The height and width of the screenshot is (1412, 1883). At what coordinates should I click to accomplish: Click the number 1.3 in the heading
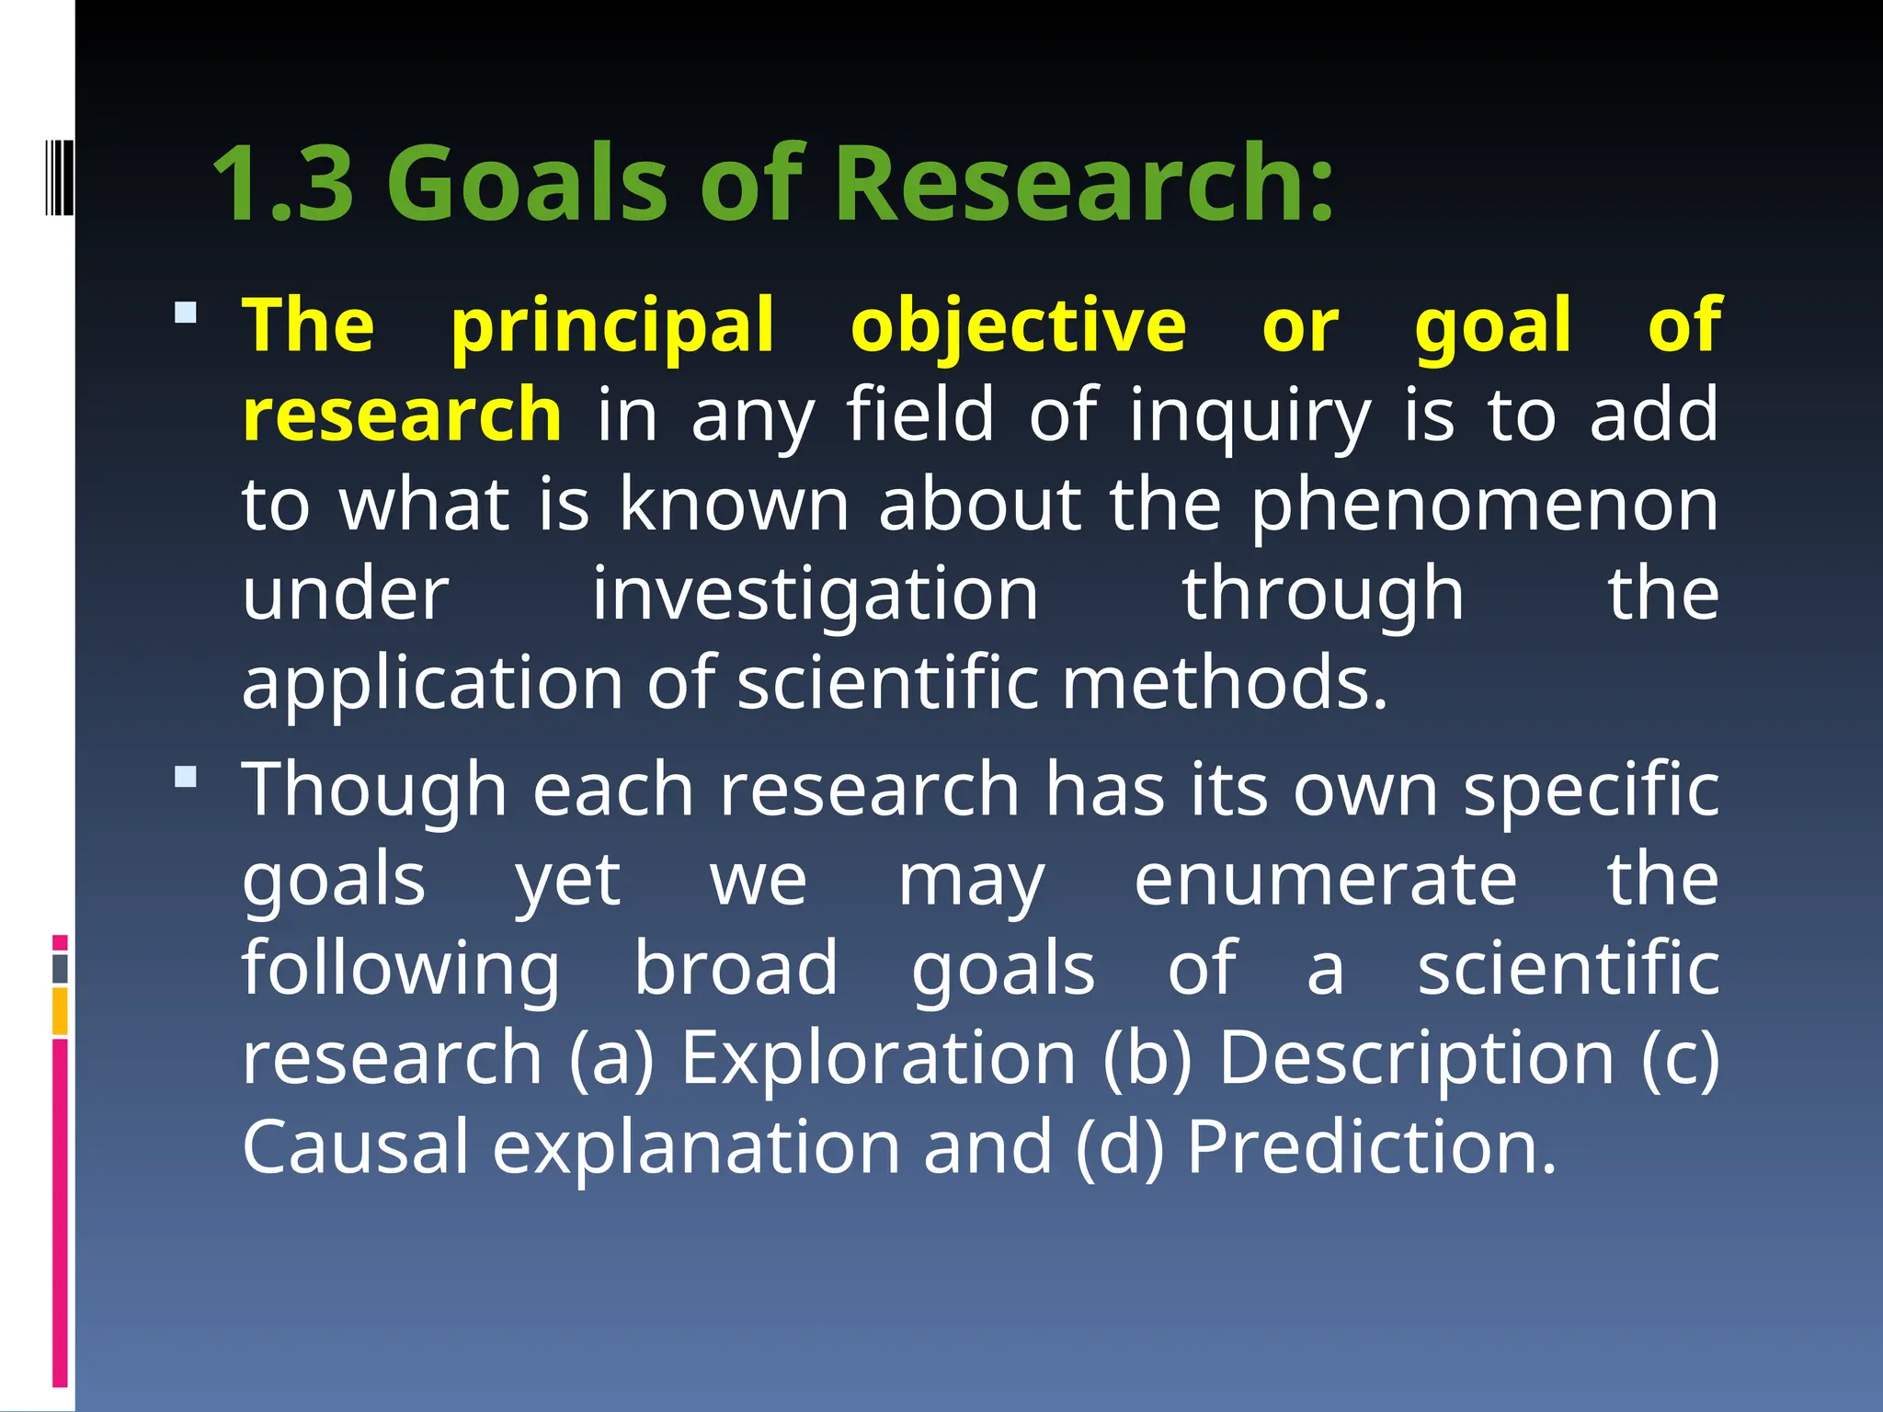[x=283, y=184]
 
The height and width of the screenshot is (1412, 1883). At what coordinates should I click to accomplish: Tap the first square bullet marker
[x=186, y=313]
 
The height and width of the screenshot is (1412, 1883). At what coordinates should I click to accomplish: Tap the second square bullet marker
[x=186, y=778]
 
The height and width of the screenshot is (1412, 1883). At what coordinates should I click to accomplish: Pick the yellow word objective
[x=1018, y=325]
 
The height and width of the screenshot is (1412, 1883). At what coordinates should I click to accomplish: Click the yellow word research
[x=402, y=416]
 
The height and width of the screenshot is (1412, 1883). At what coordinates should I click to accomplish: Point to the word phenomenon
[x=1484, y=507]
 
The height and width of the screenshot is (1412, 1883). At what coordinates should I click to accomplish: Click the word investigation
[x=815, y=596]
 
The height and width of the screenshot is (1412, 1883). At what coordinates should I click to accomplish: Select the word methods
[x=1224, y=683]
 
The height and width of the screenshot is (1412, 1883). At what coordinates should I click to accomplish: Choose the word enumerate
[x=1325, y=880]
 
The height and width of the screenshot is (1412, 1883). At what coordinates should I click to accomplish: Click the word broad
[x=736, y=968]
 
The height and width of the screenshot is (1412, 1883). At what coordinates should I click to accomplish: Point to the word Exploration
[x=878, y=1057]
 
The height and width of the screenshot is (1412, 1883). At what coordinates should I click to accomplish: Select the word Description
[x=1416, y=1059]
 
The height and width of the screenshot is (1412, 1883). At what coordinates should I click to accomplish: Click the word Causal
[x=356, y=1146]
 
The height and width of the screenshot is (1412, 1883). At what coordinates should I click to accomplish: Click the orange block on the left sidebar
[x=60, y=1011]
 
